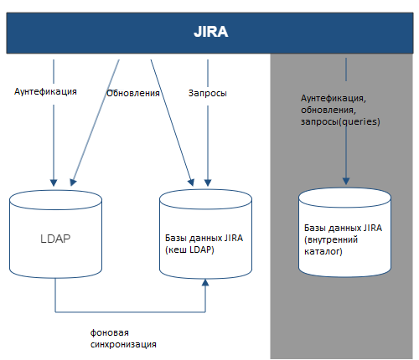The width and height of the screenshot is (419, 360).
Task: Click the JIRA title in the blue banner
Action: [x=211, y=32]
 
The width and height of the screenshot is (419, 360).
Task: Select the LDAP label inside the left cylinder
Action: [x=55, y=239]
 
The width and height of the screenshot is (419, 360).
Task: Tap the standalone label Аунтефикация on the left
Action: [x=45, y=91]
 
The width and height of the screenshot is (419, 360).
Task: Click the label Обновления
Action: [x=133, y=93]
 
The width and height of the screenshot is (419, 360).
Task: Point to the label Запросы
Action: [x=208, y=93]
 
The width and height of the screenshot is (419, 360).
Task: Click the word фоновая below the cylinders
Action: [x=110, y=332]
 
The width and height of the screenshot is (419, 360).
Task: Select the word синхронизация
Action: [x=123, y=344]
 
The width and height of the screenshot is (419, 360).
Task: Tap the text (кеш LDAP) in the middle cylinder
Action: [x=189, y=249]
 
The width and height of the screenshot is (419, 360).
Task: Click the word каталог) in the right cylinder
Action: [x=323, y=251]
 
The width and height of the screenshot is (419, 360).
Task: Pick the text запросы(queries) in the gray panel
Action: [x=340, y=122]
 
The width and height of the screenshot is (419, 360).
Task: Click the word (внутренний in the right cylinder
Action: [x=331, y=239]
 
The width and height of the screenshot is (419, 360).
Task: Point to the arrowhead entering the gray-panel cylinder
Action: [x=346, y=181]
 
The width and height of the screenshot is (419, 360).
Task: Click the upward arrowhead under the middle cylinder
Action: [x=205, y=282]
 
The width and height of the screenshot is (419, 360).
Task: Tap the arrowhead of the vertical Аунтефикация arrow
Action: [x=54, y=183]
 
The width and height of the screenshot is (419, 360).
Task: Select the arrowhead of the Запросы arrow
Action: [x=208, y=183]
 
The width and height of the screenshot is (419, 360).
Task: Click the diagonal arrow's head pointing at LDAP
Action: [x=73, y=183]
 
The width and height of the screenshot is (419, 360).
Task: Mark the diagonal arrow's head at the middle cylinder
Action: [x=191, y=183]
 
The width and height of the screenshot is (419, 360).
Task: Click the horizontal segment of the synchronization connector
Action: [x=130, y=311]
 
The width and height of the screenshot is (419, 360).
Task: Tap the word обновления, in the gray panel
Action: [x=328, y=110]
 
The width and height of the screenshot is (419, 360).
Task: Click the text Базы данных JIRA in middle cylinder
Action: [x=204, y=238]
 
